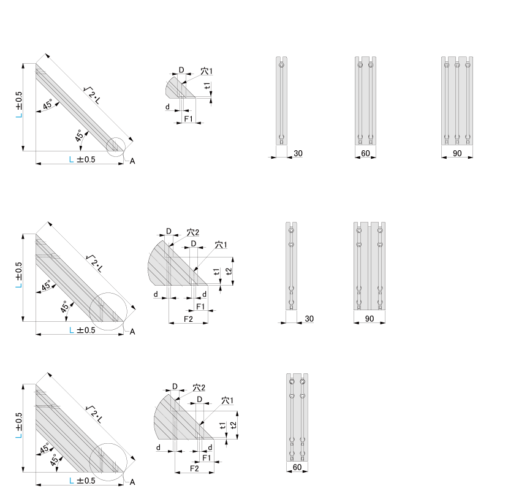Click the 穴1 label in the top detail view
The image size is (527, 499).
[207, 71]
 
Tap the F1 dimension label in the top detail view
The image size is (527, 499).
[189, 119]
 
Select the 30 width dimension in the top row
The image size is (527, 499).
[298, 153]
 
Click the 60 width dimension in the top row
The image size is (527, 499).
[365, 153]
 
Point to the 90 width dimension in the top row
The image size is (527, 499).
[457, 153]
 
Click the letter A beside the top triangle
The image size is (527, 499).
[132, 161]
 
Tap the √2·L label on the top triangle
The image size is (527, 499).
[92, 95]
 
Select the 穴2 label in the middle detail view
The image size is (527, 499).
[193, 232]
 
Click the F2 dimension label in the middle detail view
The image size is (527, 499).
[188, 319]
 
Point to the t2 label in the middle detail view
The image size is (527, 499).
[229, 272]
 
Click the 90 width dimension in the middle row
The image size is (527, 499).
[370, 318]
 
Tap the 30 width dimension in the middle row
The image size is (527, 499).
[309, 318]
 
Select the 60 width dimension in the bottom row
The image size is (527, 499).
[297, 467]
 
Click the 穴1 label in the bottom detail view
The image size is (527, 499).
[227, 400]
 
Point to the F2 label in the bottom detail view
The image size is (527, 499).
[194, 468]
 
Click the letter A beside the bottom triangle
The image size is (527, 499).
[132, 482]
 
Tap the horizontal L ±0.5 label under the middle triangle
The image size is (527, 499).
[82, 330]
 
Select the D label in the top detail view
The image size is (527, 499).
[181, 70]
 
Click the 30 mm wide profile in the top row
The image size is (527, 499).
[282, 101]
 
